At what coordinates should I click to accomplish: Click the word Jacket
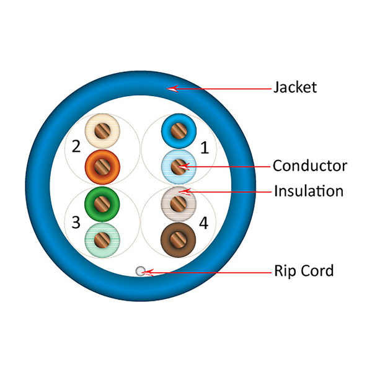click(295, 87)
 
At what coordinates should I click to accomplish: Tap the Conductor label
click(309, 166)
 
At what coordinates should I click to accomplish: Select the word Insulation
click(308, 191)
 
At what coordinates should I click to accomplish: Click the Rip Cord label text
click(304, 270)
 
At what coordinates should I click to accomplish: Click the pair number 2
click(76, 147)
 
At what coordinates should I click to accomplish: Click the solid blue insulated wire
click(179, 131)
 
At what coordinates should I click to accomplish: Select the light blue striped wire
click(179, 166)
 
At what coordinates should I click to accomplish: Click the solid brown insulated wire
click(179, 238)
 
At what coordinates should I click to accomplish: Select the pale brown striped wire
click(179, 203)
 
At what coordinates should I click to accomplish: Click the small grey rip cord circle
click(141, 271)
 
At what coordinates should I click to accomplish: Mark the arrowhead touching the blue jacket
click(173, 88)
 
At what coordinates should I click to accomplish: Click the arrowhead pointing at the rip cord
click(148, 272)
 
